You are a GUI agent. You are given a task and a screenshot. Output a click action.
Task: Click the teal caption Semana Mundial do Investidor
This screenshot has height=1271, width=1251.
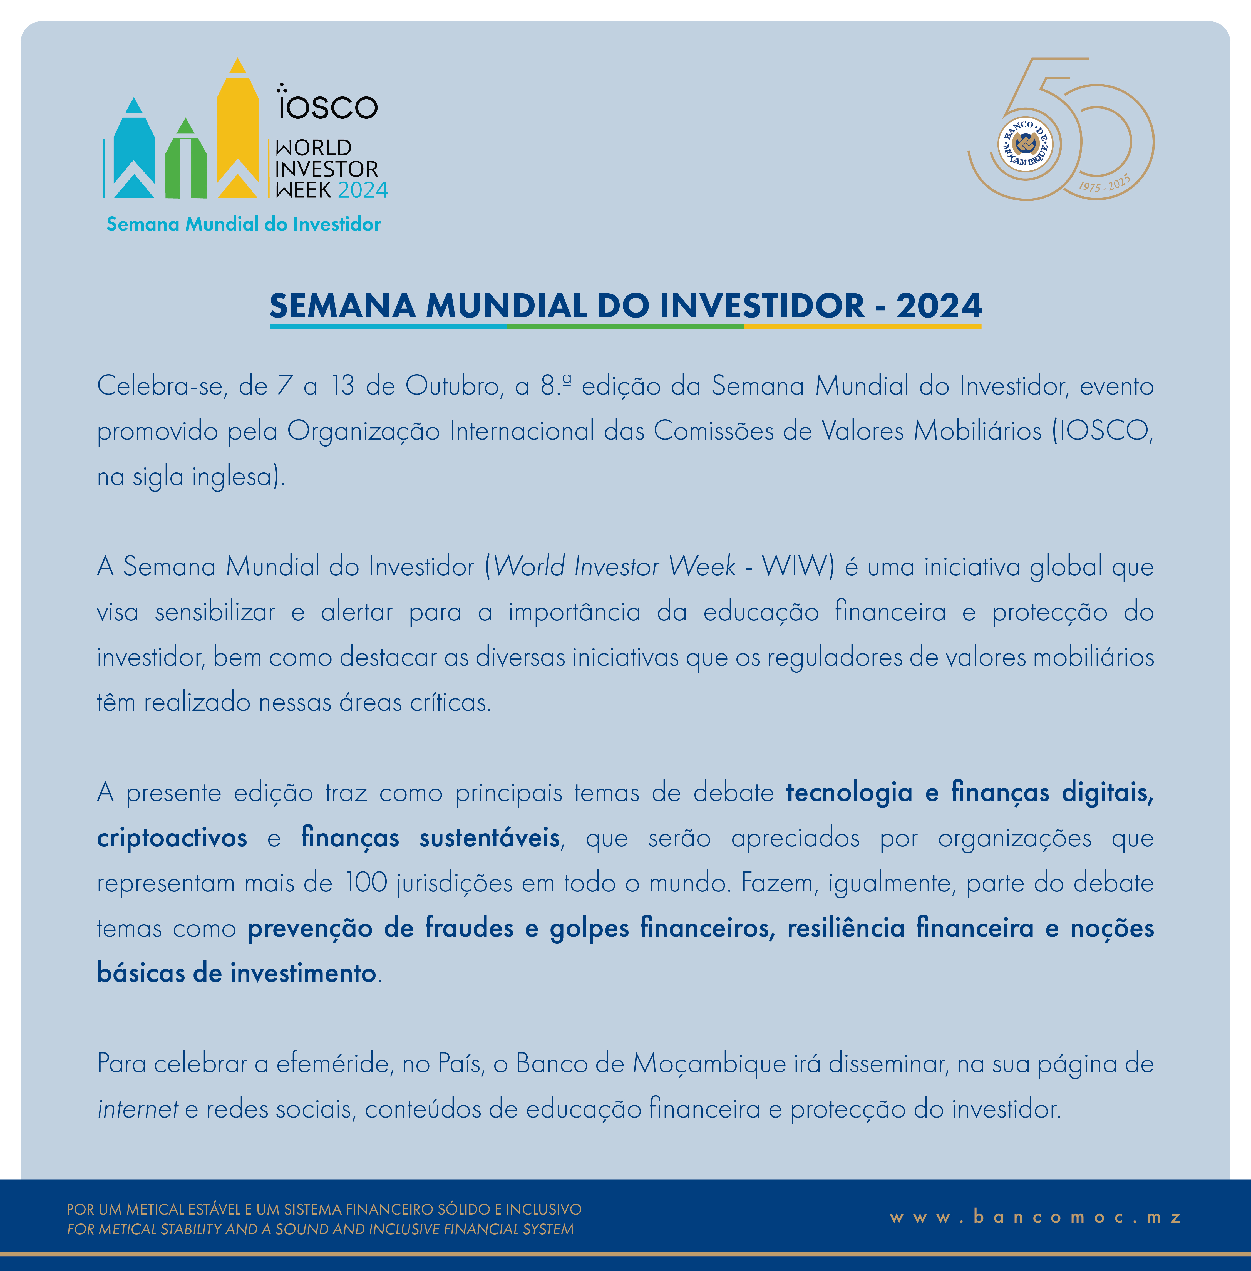pos(244,224)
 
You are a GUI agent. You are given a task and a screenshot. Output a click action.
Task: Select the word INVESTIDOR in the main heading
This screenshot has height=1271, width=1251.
pos(762,306)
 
